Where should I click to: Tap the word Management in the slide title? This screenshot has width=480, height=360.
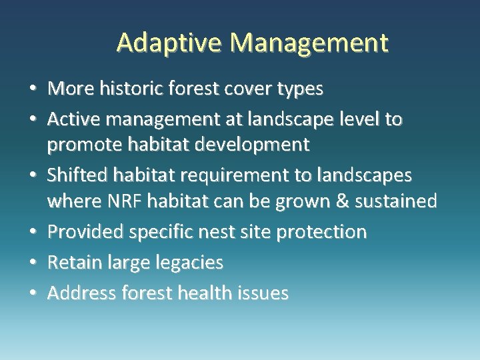309,43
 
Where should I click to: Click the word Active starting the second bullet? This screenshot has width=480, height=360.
71,119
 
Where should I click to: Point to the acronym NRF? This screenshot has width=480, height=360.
125,200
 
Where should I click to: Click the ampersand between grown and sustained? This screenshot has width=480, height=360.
343,200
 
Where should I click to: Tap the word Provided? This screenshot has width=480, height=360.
87,231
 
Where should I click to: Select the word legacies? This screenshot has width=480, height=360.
187,263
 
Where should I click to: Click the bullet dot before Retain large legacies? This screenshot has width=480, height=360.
33,263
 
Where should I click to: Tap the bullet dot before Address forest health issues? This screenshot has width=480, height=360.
33,294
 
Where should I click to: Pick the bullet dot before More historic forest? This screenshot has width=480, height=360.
33,89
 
